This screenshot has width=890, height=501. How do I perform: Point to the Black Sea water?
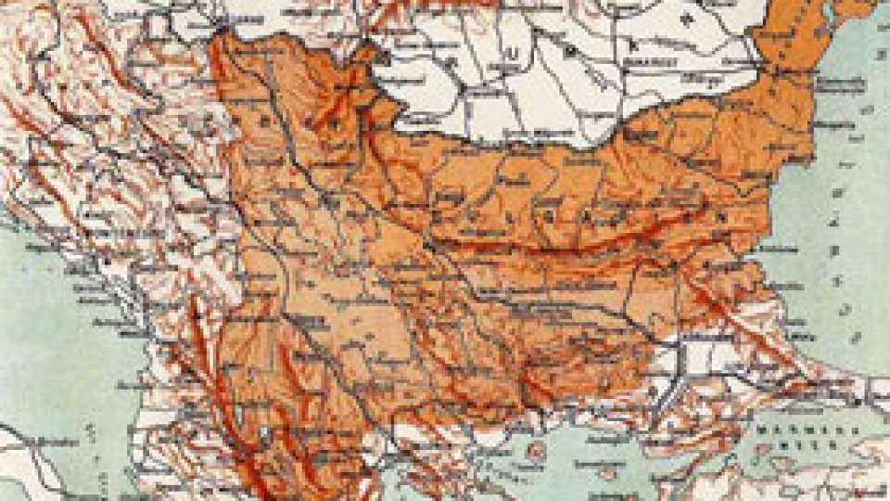(834, 232)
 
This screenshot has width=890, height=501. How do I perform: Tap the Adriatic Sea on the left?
(46, 325)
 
